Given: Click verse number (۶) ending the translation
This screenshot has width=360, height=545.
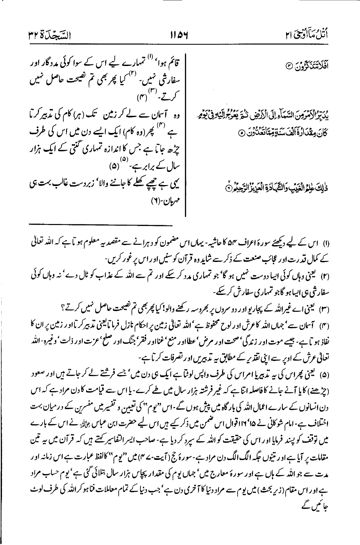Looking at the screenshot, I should [x=147, y=209].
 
